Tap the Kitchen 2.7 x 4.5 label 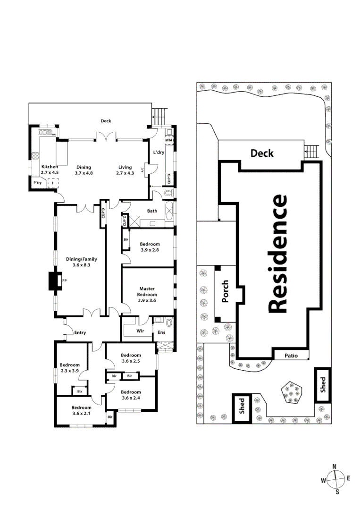tap(50, 170)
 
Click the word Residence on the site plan tap(277, 254)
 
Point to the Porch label tap(225, 293)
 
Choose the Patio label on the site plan tap(291, 356)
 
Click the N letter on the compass tap(335, 467)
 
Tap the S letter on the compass tap(337, 492)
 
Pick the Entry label tap(80, 332)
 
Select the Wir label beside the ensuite tap(140, 331)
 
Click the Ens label tap(161, 331)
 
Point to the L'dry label tap(158, 152)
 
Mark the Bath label tap(152, 211)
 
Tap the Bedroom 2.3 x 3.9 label tap(69, 367)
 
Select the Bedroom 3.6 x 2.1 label tap(82, 410)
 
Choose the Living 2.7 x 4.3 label tap(125, 170)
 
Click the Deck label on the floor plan tap(106, 121)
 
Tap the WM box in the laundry tap(168, 141)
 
